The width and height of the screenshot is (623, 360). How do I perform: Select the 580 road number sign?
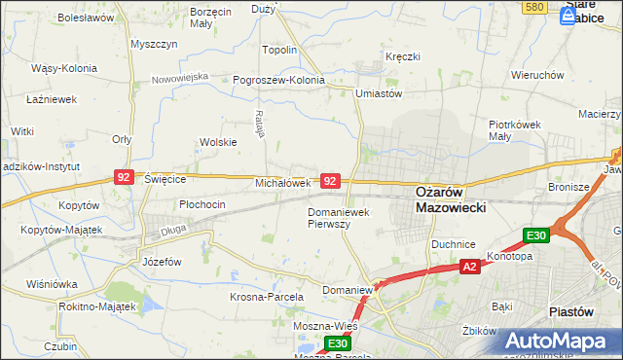(x=532, y=7)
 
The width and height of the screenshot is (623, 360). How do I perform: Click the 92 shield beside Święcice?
(x=124, y=177)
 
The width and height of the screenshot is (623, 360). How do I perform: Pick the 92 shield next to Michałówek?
(x=331, y=182)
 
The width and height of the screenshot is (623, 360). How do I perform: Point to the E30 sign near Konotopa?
(x=536, y=235)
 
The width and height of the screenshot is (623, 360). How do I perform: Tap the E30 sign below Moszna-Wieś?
(x=337, y=343)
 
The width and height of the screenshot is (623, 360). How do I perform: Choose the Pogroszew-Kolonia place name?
(x=278, y=80)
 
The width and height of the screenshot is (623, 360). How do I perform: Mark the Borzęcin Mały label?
(x=211, y=18)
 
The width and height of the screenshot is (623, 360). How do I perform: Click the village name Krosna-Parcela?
(x=267, y=296)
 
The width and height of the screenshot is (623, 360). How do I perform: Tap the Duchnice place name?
(x=453, y=245)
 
